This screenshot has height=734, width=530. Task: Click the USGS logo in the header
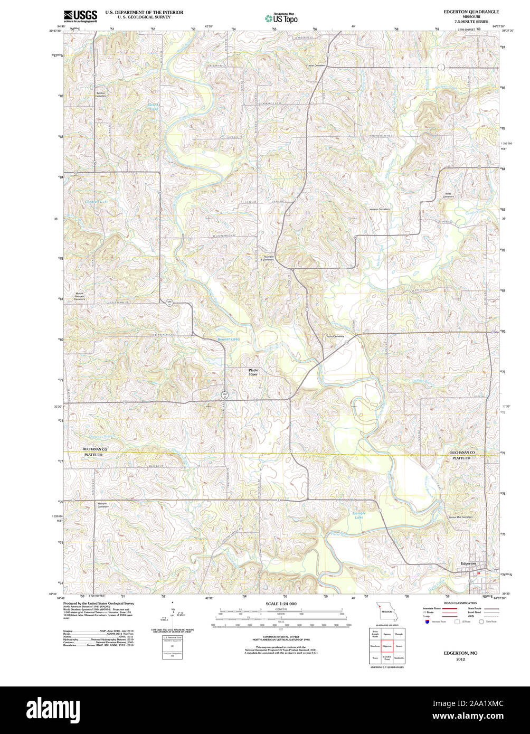(x=80, y=16)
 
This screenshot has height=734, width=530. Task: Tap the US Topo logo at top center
(x=281, y=18)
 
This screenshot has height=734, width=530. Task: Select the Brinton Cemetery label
(x=100, y=95)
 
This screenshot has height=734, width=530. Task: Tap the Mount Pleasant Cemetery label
(x=79, y=296)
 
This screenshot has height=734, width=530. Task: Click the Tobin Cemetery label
(x=335, y=336)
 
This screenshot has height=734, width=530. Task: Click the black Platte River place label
(x=253, y=372)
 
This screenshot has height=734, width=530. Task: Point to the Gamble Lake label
(x=359, y=515)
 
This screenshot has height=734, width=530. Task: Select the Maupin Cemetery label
(x=102, y=505)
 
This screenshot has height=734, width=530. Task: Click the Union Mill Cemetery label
(x=460, y=517)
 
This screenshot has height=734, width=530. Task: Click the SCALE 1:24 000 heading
(x=281, y=604)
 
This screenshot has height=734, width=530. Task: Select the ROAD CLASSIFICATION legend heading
(x=460, y=603)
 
